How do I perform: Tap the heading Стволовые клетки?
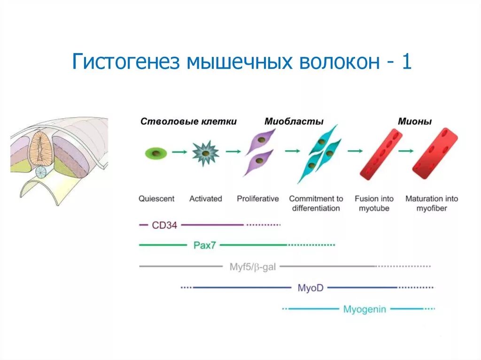click(188, 122)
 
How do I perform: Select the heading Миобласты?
click(294, 122)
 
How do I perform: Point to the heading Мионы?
click(415, 122)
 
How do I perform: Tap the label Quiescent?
click(156, 199)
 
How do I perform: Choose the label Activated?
click(205, 199)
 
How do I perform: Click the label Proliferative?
click(257, 199)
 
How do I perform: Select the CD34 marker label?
click(164, 225)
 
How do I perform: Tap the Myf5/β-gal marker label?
click(252, 267)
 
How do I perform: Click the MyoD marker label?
click(310, 287)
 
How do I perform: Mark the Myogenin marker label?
click(365, 309)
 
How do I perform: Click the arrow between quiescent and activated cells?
click(179, 152)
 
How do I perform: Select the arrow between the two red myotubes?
click(406, 151)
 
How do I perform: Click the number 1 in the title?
click(406, 61)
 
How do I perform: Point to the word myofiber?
click(432, 208)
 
